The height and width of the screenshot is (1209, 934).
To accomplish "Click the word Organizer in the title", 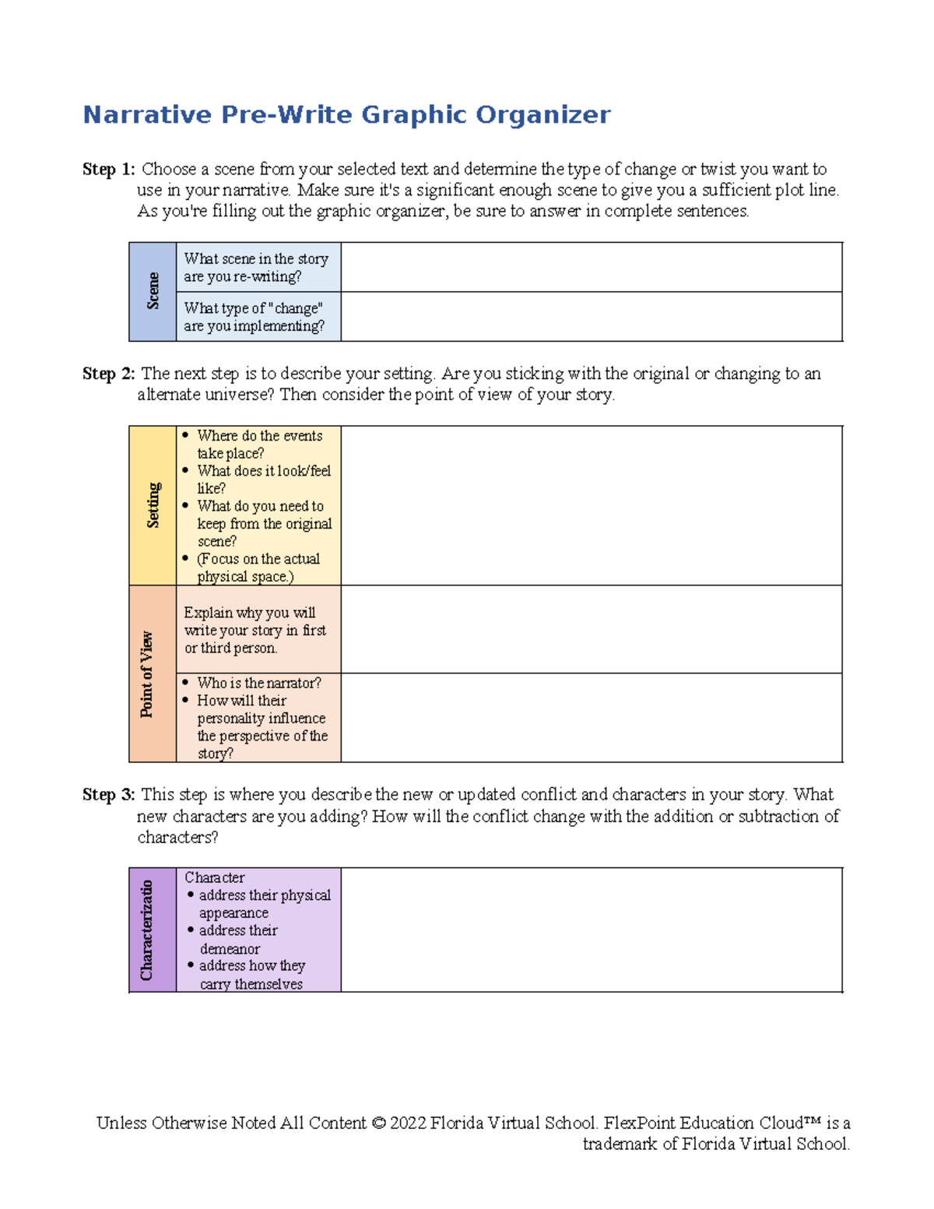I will click(x=542, y=115).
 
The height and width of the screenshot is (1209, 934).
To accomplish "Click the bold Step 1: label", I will click(x=109, y=170).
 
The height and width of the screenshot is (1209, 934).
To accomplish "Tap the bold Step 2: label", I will click(x=109, y=374).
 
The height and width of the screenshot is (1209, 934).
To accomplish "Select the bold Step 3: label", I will click(x=109, y=795).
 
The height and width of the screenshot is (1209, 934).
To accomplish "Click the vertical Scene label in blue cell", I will click(x=153, y=291).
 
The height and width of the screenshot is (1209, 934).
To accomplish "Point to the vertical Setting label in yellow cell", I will click(x=153, y=504).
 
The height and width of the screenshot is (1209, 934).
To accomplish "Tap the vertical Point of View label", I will click(x=147, y=674).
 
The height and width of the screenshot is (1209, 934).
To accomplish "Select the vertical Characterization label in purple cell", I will click(x=146, y=930).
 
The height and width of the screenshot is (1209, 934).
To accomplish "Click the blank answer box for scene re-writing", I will click(x=592, y=267).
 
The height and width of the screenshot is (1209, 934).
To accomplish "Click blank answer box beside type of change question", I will click(x=592, y=317).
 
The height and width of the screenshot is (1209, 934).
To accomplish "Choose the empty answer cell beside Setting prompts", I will click(x=592, y=505).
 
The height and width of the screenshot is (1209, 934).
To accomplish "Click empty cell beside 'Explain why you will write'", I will click(x=592, y=629).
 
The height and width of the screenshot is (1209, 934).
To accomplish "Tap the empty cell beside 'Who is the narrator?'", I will click(x=592, y=717).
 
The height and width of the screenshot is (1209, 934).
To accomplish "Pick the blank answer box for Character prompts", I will click(x=592, y=930).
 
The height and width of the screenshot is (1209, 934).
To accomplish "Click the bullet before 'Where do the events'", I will click(x=185, y=436).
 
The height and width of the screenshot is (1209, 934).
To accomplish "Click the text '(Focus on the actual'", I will click(x=258, y=559).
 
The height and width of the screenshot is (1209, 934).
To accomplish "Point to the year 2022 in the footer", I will click(x=407, y=1123).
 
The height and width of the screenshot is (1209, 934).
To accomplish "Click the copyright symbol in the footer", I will click(x=378, y=1123).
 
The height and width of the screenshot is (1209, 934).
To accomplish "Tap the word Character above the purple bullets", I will click(x=214, y=877).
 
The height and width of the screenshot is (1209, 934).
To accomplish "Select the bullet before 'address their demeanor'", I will click(x=191, y=930).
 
